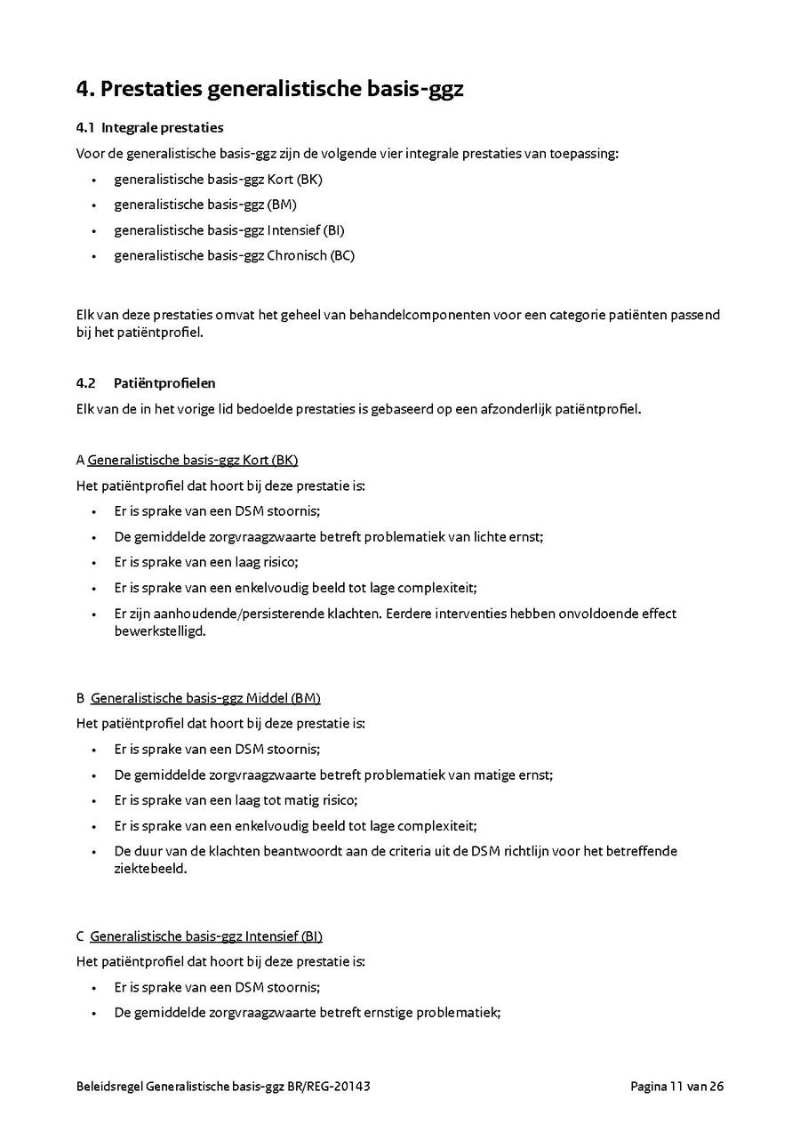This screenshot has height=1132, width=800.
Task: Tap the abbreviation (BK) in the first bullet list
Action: coord(310,179)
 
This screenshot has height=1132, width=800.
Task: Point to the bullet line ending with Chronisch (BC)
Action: coord(235,255)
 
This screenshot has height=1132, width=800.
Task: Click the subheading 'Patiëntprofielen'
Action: coord(164,383)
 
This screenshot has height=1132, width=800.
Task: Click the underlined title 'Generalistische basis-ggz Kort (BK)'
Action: coord(192,460)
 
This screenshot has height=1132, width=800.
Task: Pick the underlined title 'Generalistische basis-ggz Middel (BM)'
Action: coord(205,698)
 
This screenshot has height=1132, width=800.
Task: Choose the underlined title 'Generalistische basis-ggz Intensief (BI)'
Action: coord(206,936)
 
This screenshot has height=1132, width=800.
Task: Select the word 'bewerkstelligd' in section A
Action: coord(160,630)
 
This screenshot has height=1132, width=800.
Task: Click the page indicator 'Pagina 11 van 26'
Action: coord(677,1087)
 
